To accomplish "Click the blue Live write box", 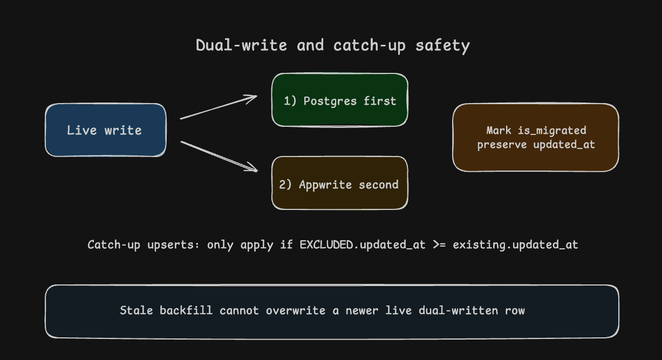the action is pyautogui.click(x=106, y=130).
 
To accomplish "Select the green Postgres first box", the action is pyautogui.click(x=339, y=100).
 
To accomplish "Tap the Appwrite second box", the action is pyautogui.click(x=339, y=183).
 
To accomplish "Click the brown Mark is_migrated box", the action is pyautogui.click(x=536, y=138).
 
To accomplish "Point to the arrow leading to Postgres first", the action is pyautogui.click(x=219, y=107).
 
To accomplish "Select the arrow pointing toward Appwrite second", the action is pyautogui.click(x=219, y=157).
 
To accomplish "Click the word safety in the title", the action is pyautogui.click(x=442, y=46).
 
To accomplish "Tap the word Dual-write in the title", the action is pyautogui.click(x=242, y=45).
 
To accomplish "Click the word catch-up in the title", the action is pyautogui.click(x=370, y=46).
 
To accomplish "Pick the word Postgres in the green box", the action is pyautogui.click(x=330, y=101).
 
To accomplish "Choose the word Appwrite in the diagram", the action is pyautogui.click(x=325, y=185).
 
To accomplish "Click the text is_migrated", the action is pyautogui.click(x=552, y=131).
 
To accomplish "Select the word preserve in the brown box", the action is pyautogui.click(x=502, y=145).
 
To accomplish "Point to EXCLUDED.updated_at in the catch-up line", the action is pyautogui.click(x=363, y=244).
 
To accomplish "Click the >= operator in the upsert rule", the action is pyautogui.click(x=439, y=244).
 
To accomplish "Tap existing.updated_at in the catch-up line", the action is pyautogui.click(x=515, y=245).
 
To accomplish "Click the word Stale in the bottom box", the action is pyautogui.click(x=137, y=310).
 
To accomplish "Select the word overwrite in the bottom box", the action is pyautogui.click(x=296, y=311).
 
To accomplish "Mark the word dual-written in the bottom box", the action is pyautogui.click(x=458, y=311).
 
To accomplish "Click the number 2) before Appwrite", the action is pyautogui.click(x=285, y=185).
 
